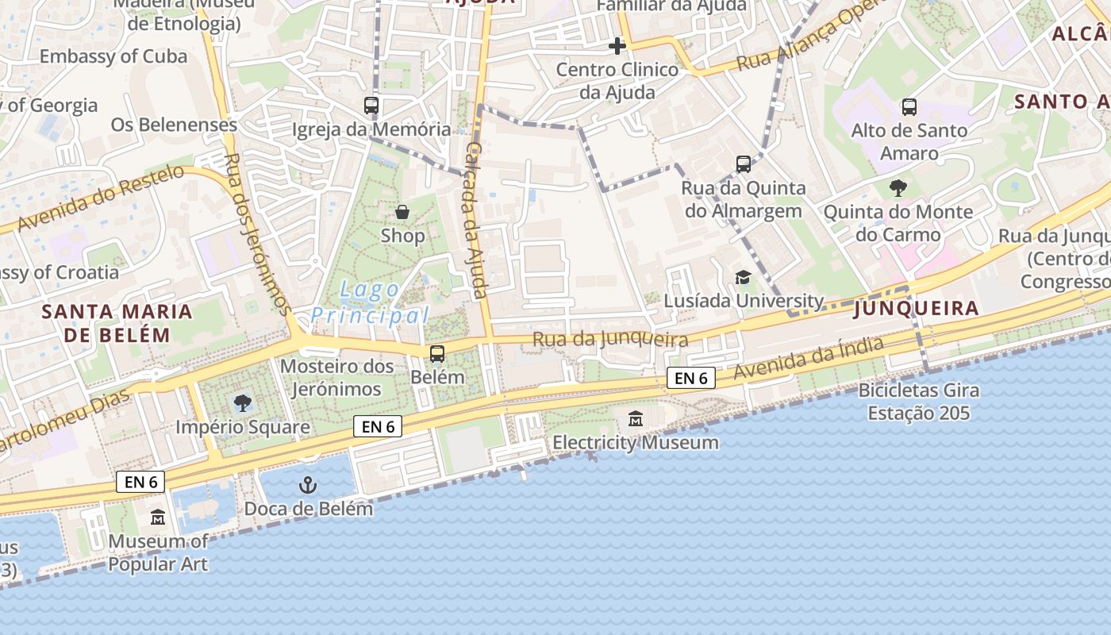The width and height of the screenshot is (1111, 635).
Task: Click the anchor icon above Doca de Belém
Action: pos(307,484)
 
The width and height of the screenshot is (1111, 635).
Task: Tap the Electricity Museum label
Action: pos(636,442)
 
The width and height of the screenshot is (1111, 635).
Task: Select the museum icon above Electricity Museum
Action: pos(636,418)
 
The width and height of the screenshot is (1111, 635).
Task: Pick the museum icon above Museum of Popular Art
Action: pos(158,518)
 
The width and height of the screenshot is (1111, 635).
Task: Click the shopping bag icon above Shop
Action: pos(402,212)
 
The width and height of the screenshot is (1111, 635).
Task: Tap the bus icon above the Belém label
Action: pos(436,354)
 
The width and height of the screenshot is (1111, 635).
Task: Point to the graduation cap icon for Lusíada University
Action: pos(743,277)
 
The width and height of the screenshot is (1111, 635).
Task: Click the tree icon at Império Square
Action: pos(243,403)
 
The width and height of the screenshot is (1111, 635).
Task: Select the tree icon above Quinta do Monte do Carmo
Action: pos(898,188)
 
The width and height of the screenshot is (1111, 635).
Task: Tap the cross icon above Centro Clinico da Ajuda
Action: pos(617,46)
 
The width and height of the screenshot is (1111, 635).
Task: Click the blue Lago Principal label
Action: pos(370,302)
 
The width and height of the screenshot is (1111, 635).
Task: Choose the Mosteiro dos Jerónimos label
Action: pos(336,378)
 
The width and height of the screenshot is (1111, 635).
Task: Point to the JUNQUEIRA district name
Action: pos(916,309)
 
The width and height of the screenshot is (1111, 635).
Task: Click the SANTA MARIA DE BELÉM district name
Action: pos(117,322)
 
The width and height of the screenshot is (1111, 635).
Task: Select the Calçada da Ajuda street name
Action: pos(477,221)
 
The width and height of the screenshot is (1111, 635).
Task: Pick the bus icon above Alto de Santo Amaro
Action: pos(909,106)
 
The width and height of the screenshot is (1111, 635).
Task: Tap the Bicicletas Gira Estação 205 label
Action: pos(919,402)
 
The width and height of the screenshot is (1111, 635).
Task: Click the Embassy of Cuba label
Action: pos(113,56)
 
